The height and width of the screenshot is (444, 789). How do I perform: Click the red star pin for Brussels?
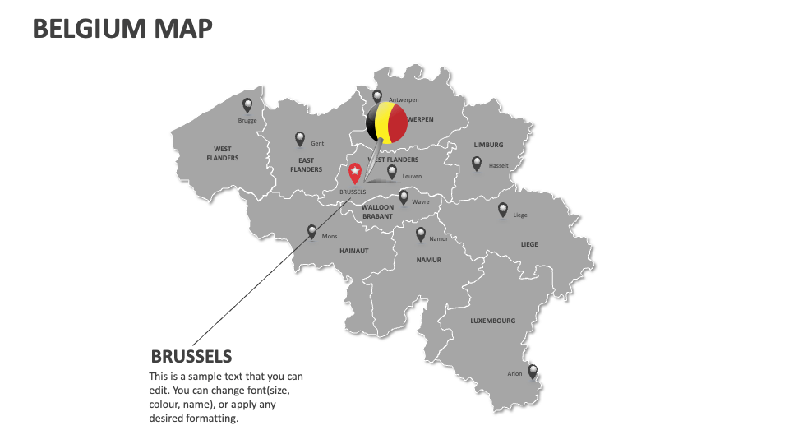355,173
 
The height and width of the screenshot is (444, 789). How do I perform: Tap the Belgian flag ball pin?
386,123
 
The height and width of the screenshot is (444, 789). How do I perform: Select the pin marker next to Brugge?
247,105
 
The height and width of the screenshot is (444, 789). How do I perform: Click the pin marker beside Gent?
300,139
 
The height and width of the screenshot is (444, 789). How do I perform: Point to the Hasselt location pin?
477,164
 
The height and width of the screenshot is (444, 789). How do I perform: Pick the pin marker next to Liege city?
503,210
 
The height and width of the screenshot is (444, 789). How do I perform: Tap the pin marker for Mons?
311,232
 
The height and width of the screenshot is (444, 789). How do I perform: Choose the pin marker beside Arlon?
533,372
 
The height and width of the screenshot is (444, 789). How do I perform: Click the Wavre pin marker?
404,197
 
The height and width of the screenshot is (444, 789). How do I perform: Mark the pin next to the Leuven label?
392,172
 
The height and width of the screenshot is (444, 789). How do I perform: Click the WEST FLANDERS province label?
222,154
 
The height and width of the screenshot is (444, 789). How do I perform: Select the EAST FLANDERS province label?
306,165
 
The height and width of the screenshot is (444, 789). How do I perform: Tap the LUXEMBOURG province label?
493,321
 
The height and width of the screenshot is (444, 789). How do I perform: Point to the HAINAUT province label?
354,251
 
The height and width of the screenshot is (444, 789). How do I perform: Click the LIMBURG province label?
488,145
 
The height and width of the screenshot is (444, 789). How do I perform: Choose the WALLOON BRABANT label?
377,212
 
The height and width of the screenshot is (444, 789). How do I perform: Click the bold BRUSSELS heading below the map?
191,356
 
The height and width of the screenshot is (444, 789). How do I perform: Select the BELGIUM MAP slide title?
122,29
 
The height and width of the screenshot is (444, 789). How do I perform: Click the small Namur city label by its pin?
438,239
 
